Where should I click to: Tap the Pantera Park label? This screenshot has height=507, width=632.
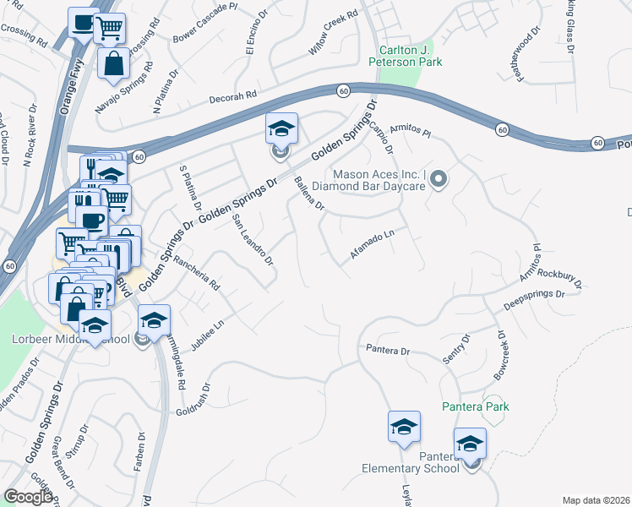476,406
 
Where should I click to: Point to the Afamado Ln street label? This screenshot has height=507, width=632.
373,243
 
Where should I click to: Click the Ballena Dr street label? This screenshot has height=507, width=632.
308,194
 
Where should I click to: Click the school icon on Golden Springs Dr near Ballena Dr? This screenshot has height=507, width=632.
282,129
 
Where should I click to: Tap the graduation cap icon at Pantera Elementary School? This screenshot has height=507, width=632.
471,444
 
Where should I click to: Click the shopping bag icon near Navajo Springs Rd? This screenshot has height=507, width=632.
113,63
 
